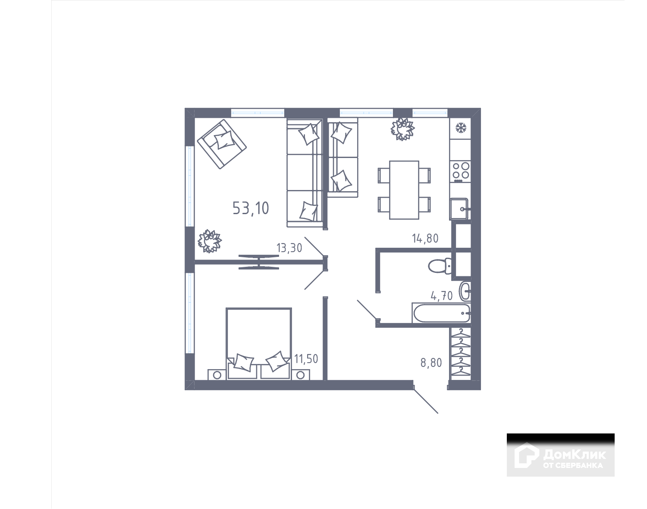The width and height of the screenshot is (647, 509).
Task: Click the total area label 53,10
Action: pos(251,208)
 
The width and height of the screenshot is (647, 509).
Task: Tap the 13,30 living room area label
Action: pos(289,248)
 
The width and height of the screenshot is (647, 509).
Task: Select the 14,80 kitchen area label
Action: pos(425,238)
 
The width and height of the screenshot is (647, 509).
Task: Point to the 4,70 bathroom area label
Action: pos(442,296)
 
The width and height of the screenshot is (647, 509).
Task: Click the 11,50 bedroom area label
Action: pos(306,359)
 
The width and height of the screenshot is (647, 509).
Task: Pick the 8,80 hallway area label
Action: pos(431,363)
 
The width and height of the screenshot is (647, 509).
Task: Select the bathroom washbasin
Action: pos(465,291)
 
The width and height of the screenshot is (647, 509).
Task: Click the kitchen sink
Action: pos(460,209)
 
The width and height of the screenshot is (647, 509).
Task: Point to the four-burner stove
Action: pos(460,171)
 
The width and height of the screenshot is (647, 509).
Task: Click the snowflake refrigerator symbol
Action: pos(460,128)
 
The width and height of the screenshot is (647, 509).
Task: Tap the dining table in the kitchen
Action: pos(404,190)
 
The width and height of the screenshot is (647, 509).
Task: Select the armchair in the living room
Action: pos(222,143)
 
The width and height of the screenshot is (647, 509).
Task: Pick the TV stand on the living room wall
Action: pos(258,262)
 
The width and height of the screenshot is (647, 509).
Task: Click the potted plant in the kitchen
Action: pos(402,128)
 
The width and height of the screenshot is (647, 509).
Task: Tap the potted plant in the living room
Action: pos(209,241)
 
